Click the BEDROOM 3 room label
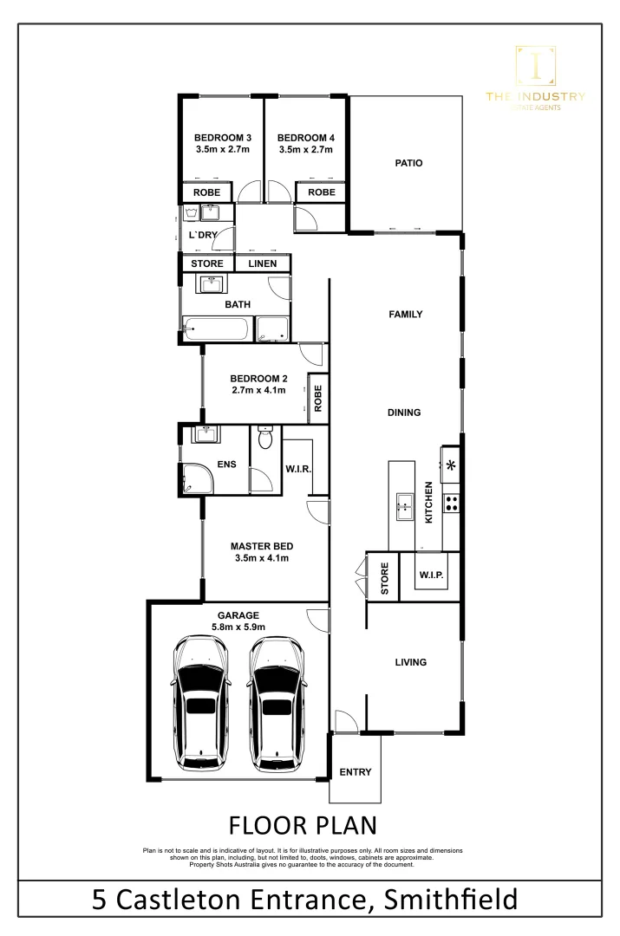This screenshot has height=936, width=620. pos(222,138)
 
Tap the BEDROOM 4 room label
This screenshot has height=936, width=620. pos(305,138)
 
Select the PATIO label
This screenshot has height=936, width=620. pos(408,163)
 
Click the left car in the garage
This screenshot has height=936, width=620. pos(201,703)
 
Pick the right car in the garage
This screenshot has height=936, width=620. pos(277,703)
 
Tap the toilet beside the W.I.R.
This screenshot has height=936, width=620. pos(266,439)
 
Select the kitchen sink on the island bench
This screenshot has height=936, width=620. pos(404,505)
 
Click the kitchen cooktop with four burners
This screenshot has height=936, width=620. pos(451,502)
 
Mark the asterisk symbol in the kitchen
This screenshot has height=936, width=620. pos(451,465)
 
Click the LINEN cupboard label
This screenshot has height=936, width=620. pos(263,263)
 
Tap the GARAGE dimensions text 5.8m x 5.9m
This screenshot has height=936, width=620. pos(238,627)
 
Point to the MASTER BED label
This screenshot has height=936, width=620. pos(261,546)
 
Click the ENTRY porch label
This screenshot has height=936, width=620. pos(356,772)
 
